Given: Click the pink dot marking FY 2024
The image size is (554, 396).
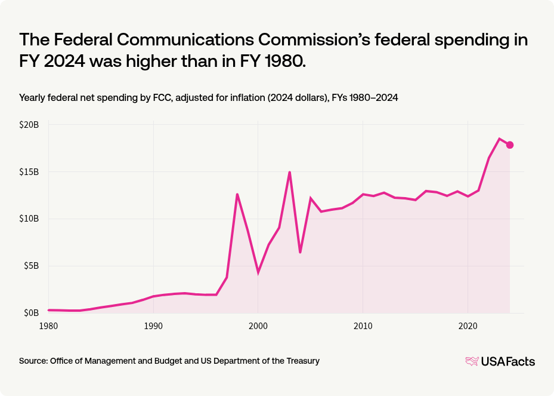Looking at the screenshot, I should [510, 145].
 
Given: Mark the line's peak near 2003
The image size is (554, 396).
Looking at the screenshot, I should [289, 172].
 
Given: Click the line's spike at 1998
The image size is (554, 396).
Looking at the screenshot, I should [237, 194].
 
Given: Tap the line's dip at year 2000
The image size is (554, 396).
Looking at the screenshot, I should [258, 272].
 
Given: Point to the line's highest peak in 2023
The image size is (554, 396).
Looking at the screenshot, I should [499, 139].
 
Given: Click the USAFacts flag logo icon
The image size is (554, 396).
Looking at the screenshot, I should [472, 361].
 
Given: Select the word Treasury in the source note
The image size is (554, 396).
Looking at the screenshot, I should [302, 361].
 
